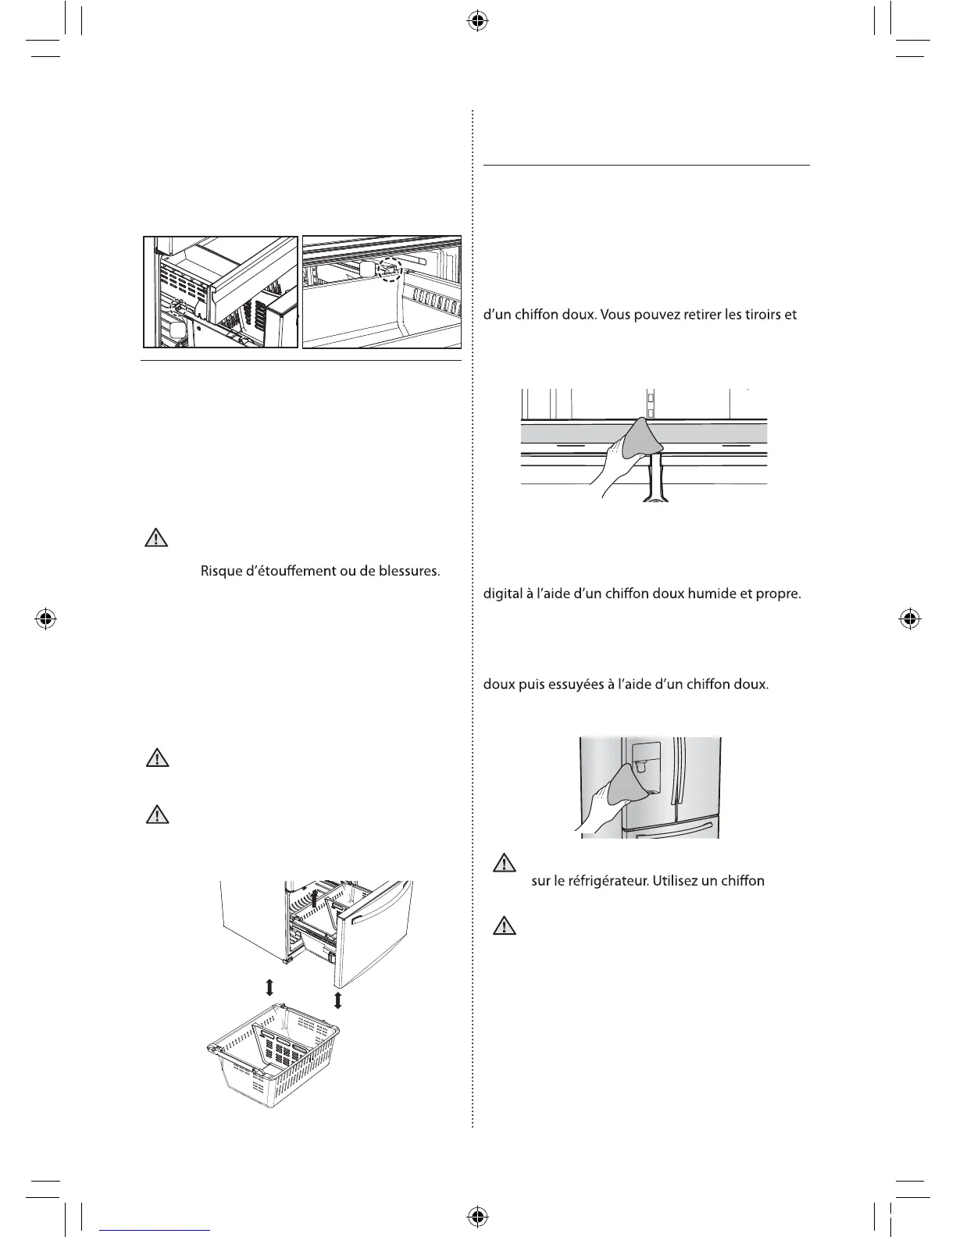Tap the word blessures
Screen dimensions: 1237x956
click(408, 572)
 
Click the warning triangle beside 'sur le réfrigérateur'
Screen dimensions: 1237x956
click(505, 863)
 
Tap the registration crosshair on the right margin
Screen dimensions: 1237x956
click(908, 618)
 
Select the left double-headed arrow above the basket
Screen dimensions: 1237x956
click(269, 989)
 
